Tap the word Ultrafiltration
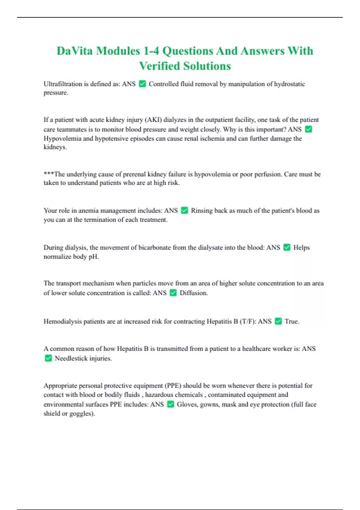(63, 84)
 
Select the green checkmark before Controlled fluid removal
(142, 84)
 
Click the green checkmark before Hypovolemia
(308, 129)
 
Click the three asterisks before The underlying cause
(49, 174)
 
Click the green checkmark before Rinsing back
(184, 211)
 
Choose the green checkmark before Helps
(287, 247)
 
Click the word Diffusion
(193, 293)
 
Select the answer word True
(291, 322)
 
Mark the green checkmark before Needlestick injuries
(48, 358)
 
